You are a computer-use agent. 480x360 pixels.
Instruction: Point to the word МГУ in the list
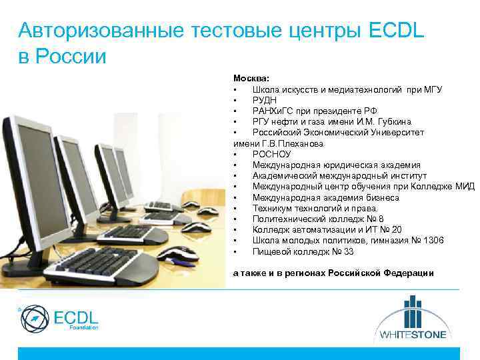432,89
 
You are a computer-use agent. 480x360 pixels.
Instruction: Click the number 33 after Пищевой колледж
349,251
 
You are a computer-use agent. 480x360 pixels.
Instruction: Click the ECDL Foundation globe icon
34,319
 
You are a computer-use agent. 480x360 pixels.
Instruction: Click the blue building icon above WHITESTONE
413,311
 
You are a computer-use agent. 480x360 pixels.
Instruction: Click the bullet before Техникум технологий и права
235,209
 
